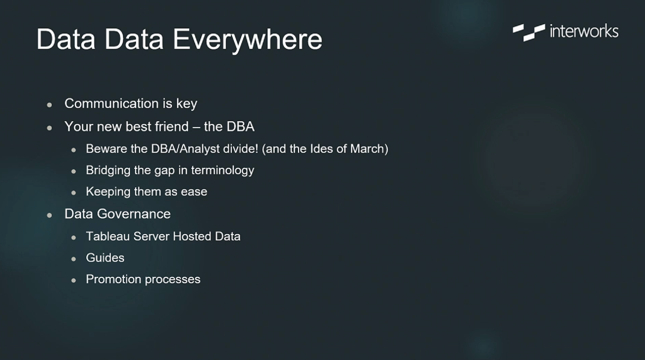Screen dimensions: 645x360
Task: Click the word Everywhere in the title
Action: (248, 40)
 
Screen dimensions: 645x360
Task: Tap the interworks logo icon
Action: (529, 32)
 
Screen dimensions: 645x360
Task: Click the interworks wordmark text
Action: (584, 31)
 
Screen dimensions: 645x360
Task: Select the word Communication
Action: (112, 103)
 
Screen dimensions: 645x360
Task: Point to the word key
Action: (186, 104)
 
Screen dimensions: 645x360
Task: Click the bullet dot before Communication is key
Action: (49, 105)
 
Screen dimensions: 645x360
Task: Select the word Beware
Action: (107, 149)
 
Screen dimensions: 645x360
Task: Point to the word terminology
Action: (222, 171)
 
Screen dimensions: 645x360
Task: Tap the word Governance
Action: (134, 214)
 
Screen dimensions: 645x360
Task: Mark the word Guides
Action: (105, 258)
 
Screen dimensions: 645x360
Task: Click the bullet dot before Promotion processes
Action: (73, 280)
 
